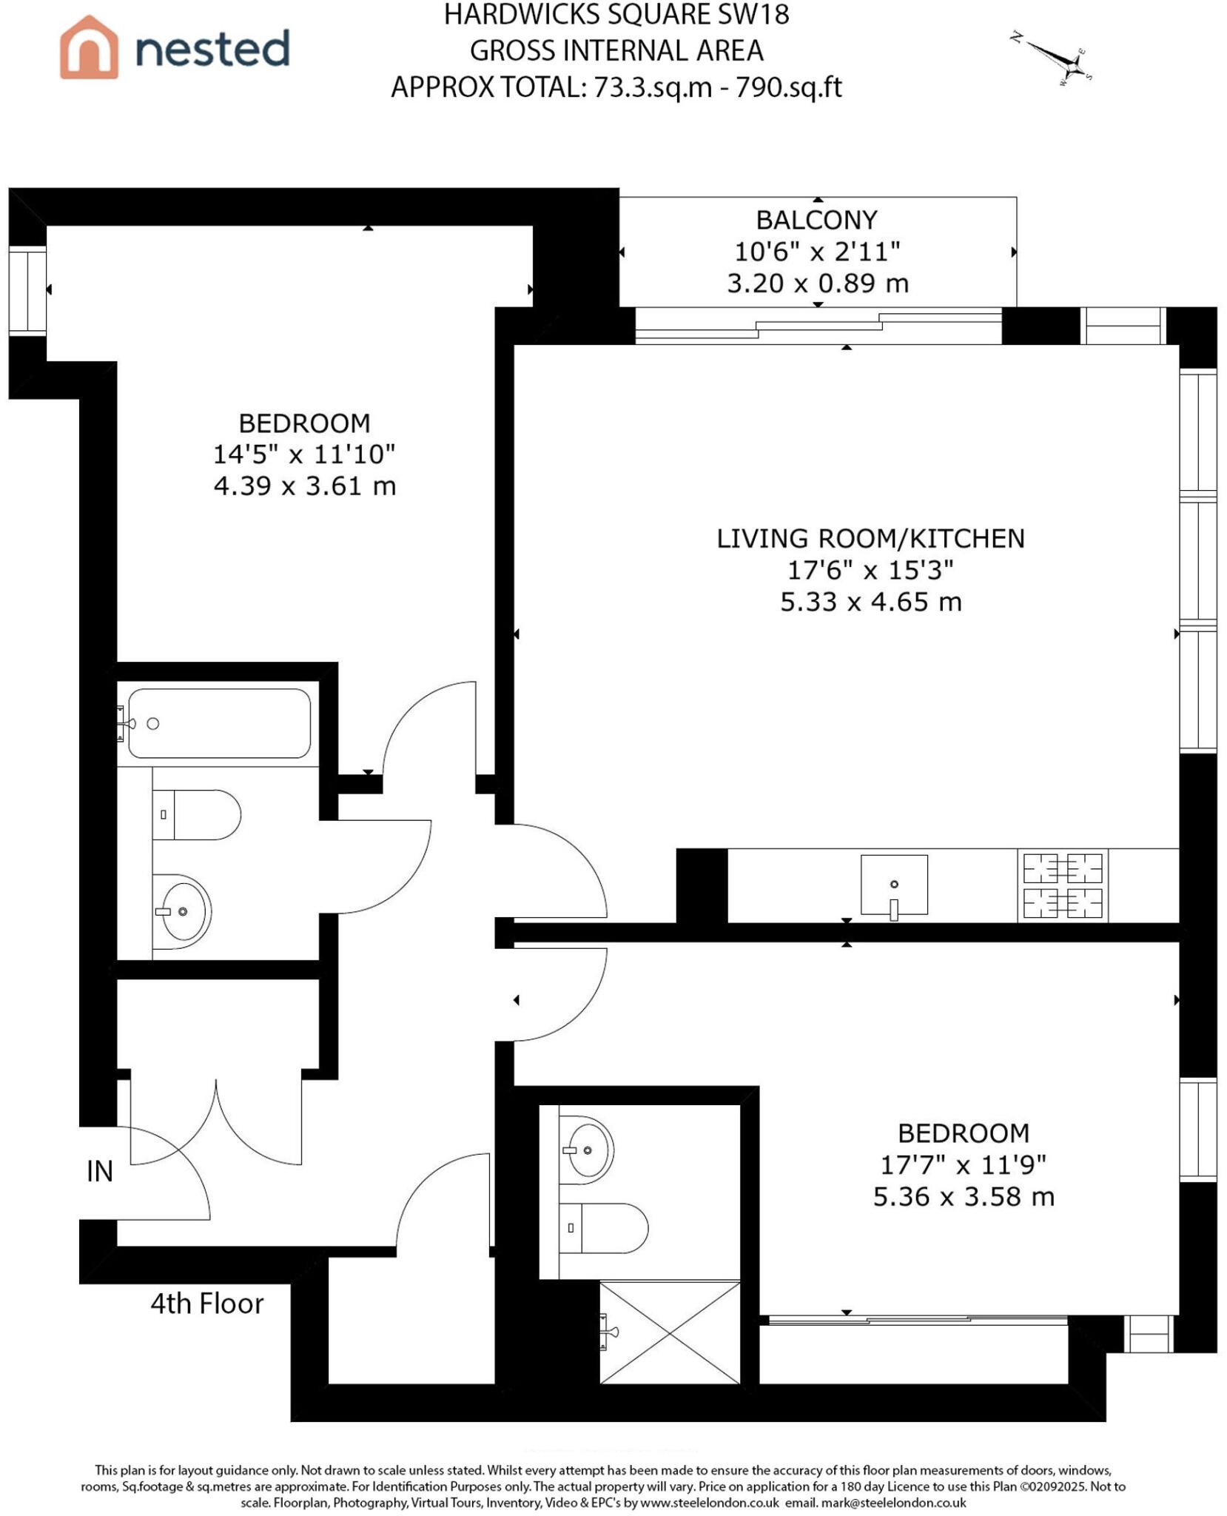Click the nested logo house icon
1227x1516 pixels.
89,47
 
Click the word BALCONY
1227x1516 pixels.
816,220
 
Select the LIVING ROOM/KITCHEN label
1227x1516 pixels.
870,539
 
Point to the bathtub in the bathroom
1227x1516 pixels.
219,723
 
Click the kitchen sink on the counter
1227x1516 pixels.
893,885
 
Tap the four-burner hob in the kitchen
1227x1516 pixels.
1062,885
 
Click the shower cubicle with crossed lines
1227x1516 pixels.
669,1332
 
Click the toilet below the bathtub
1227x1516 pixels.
197,814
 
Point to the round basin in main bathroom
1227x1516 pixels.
182,912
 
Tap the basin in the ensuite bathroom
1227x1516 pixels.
586,1150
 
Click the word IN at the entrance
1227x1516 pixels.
100,1171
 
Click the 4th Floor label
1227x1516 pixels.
206,1304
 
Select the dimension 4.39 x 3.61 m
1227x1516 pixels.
304,486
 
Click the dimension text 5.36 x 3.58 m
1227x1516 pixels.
963,1197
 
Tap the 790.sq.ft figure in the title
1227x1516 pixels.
787,87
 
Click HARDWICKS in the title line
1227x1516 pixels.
514,15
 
